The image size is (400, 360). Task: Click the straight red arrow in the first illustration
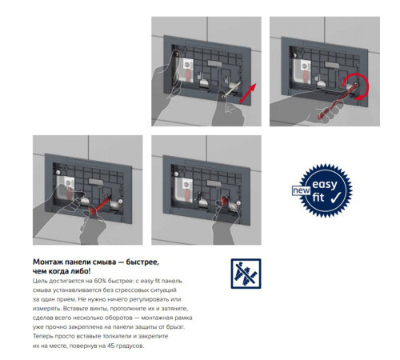click(248, 94)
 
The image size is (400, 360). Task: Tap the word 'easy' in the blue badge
click(325, 185)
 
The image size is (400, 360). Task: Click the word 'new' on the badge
click(302, 190)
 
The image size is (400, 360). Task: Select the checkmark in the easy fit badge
click(335, 198)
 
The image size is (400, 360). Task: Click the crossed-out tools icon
click(246, 274)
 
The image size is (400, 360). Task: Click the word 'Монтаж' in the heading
click(48, 262)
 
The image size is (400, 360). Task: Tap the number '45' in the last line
click(110, 346)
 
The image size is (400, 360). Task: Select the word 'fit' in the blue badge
click(318, 198)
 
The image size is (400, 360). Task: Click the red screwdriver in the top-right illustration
click(337, 102)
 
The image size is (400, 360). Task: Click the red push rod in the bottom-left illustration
click(100, 205)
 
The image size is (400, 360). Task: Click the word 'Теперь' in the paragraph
click(42, 336)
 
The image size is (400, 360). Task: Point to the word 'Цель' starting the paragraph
click(39, 281)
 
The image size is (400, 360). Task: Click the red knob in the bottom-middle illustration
click(224, 199)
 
